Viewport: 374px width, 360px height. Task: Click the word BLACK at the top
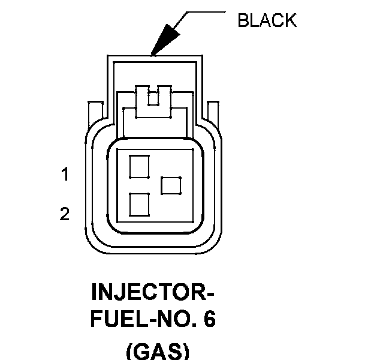click(267, 20)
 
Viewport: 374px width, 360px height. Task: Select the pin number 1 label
click(65, 175)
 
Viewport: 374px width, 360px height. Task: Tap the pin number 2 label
click(65, 214)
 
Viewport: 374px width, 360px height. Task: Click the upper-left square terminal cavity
click(139, 166)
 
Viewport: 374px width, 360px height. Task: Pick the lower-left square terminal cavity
click(139, 205)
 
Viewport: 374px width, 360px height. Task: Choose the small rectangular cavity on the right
click(172, 185)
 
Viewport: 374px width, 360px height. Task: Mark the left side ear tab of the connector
click(93, 114)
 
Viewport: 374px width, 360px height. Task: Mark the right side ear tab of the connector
click(213, 114)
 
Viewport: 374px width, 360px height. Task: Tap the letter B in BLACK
click(243, 20)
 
